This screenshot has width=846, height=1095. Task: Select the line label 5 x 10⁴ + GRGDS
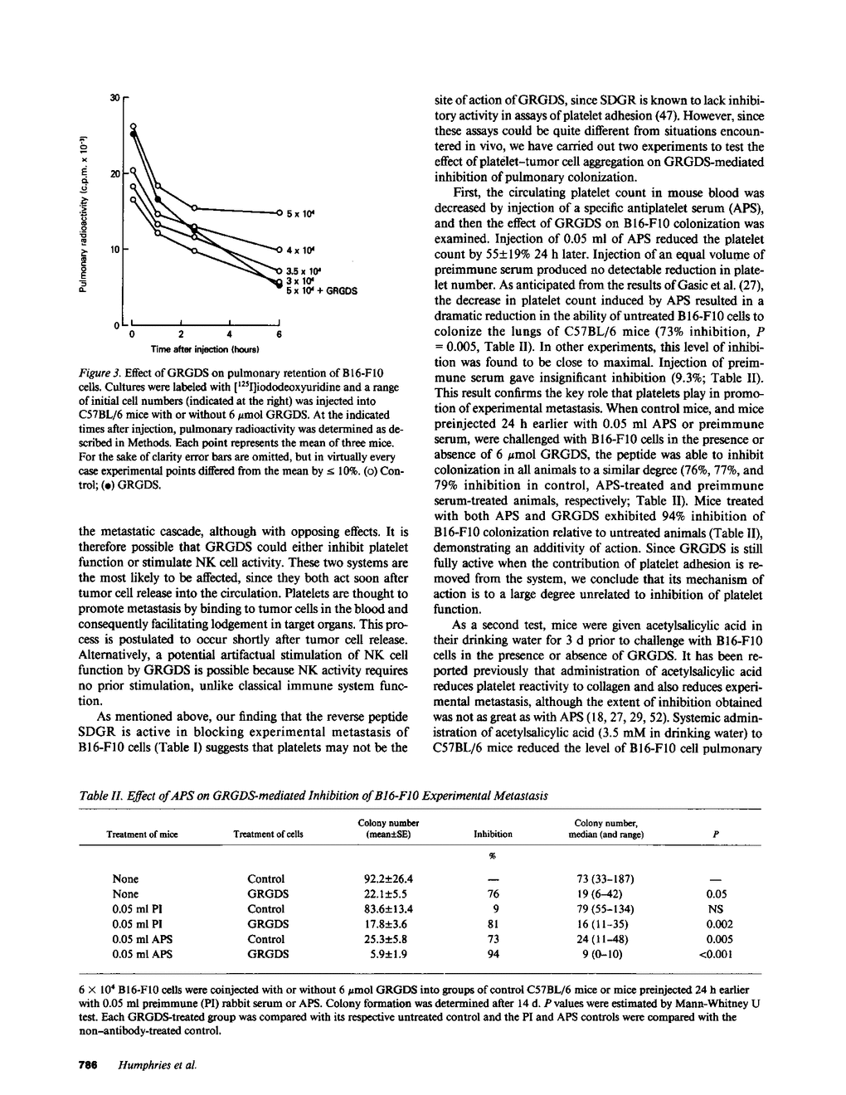(x=321, y=291)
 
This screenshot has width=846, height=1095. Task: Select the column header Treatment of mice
(x=143, y=835)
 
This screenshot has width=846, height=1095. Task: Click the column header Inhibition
(x=493, y=835)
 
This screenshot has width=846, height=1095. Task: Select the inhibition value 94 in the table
(x=493, y=954)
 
